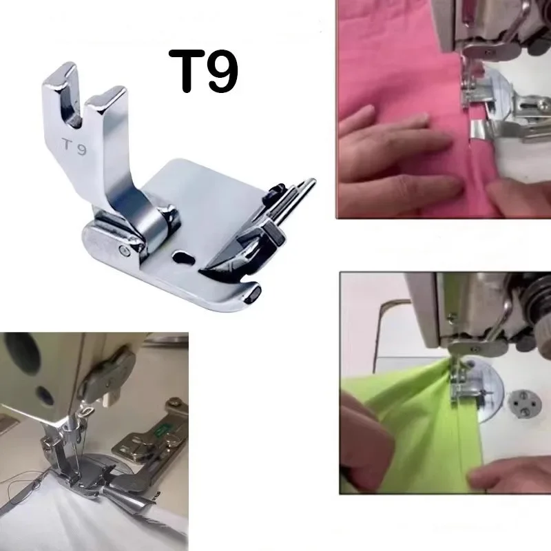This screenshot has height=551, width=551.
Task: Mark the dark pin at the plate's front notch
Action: [x=253, y=294]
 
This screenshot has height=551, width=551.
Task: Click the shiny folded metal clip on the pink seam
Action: [x=482, y=131]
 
